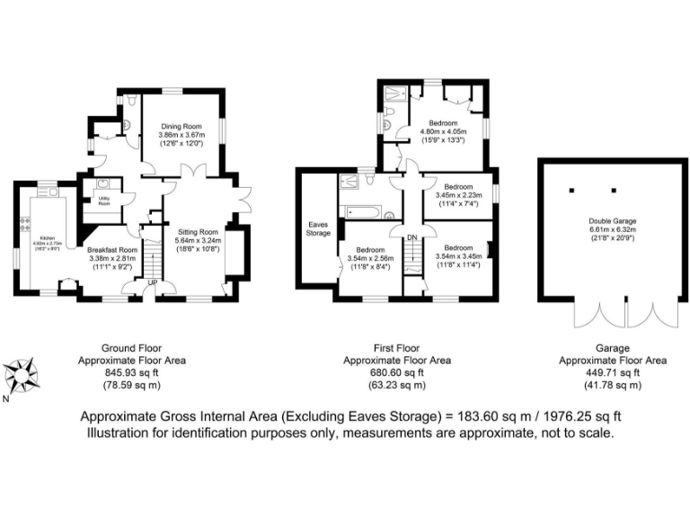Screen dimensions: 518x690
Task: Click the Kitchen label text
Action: pos(44,239)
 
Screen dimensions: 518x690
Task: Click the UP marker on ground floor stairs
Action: pos(152,282)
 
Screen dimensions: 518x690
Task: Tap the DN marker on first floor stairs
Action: pos(412,237)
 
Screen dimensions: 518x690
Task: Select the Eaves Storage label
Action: pos(319,229)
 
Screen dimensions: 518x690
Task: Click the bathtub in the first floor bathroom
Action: pos(365,213)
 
